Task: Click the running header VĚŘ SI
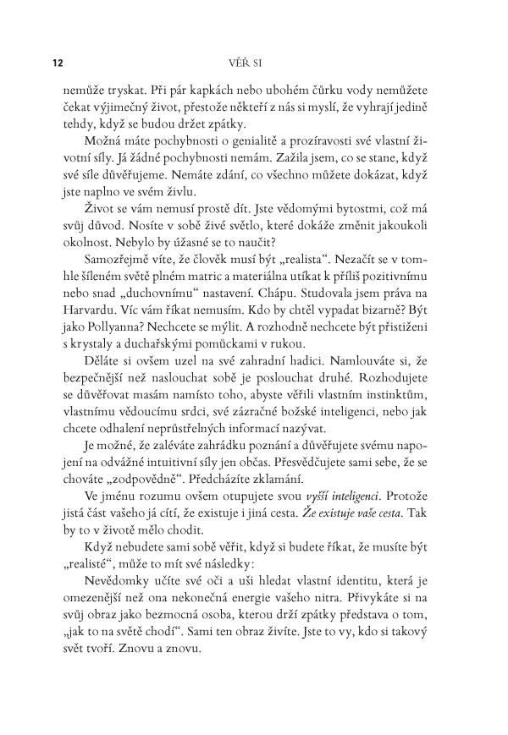[254, 63]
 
